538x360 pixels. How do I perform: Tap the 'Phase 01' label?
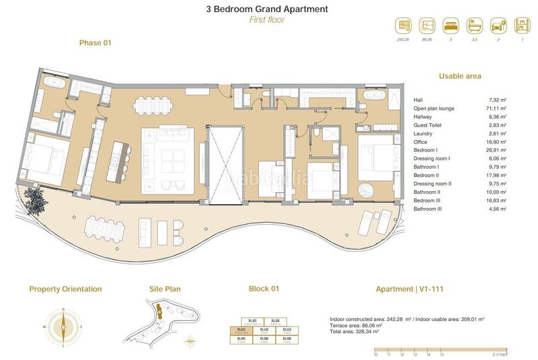95,43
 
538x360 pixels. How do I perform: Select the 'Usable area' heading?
460,77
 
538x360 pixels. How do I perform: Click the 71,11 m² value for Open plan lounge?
498,108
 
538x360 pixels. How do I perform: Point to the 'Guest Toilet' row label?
428,124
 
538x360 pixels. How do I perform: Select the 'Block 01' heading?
264,289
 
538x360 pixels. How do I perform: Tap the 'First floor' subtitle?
267,20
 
